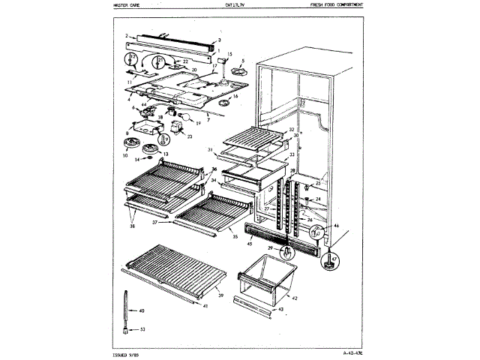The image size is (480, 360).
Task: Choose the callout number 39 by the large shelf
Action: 220,296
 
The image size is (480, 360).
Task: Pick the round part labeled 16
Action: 223,98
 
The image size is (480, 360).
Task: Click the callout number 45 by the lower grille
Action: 248,242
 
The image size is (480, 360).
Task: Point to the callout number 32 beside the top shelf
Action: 289,129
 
